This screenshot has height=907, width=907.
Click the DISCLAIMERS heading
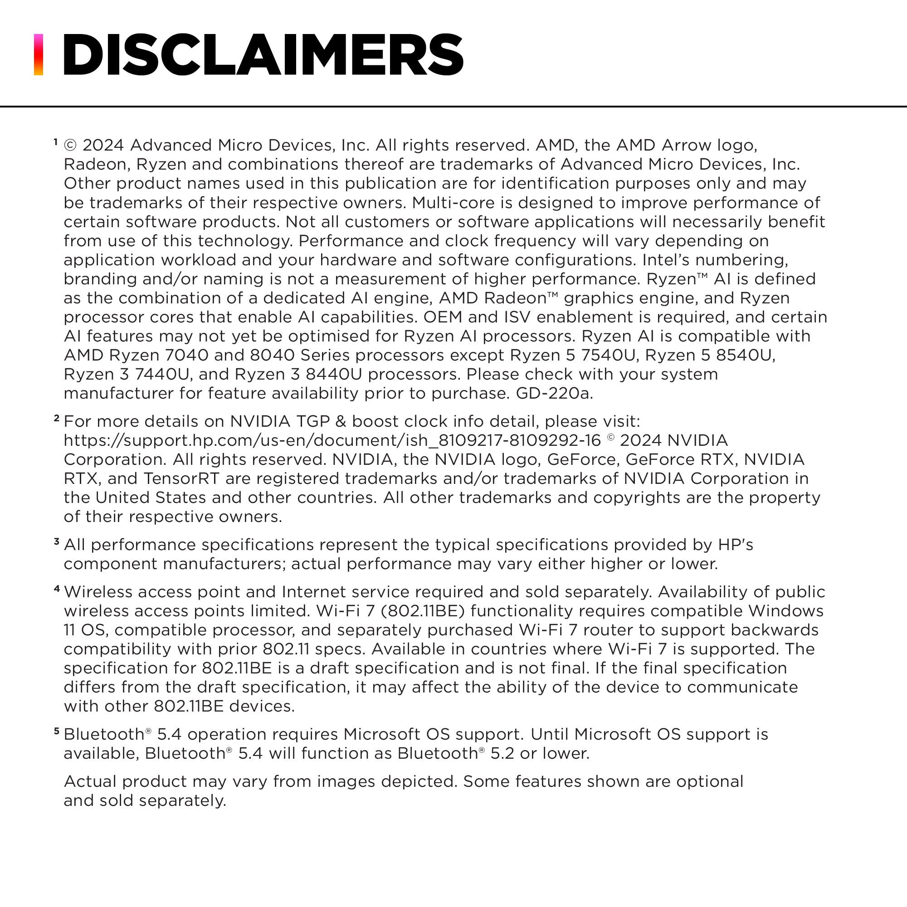click(x=263, y=55)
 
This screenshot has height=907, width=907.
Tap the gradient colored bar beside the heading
click(x=39, y=54)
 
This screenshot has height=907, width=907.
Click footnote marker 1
click(x=55, y=142)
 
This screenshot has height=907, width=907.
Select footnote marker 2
click(x=56, y=418)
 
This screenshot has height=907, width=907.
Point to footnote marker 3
click(x=56, y=541)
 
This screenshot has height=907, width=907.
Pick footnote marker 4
click(x=57, y=588)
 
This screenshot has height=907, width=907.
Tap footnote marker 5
click(x=57, y=731)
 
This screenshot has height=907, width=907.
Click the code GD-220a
click(x=554, y=393)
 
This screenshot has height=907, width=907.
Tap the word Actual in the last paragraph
click(x=90, y=782)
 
